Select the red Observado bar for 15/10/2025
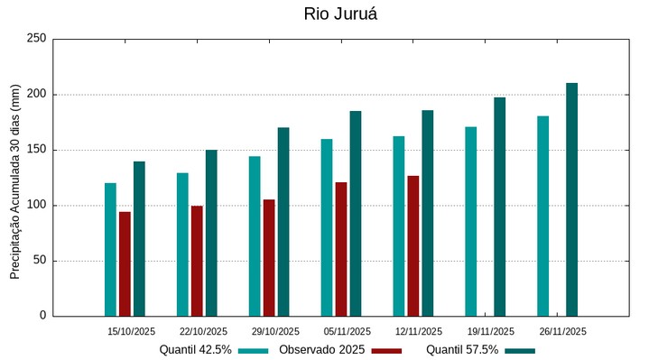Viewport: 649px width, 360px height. point(125,263)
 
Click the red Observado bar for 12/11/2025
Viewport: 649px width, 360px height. point(413,245)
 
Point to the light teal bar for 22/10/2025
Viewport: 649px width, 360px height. point(182,244)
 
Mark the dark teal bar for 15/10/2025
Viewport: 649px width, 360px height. point(139,238)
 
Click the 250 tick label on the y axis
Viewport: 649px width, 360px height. point(36,39)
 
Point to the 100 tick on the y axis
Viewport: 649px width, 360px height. point(36,206)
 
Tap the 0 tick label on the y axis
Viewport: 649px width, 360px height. point(42,316)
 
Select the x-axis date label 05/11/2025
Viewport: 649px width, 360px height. point(348,331)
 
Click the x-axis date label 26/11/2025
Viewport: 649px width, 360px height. point(563,331)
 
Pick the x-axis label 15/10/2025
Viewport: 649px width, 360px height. point(132,331)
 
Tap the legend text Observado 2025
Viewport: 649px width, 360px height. point(321,349)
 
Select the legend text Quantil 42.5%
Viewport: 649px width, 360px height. point(196,349)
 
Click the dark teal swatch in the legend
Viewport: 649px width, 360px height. point(520,350)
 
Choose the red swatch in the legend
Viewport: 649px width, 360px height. point(386,350)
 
